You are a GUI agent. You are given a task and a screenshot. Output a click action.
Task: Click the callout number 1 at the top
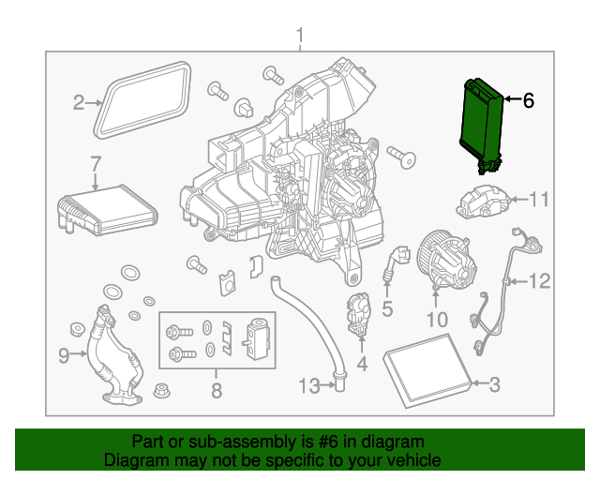click(300, 37)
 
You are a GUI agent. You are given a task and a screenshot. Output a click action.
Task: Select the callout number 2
click(80, 102)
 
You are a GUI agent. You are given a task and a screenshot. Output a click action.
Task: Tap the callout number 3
click(495, 382)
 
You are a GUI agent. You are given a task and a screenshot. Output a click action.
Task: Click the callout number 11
click(538, 199)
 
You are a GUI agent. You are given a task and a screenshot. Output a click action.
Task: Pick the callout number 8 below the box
click(216, 391)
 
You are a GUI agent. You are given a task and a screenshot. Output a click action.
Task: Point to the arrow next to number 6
click(510, 98)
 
